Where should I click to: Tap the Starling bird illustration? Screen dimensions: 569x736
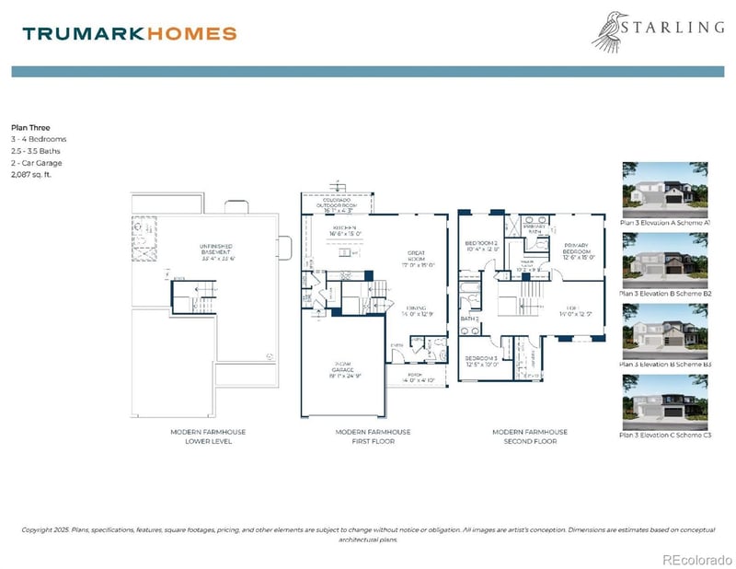pyautogui.click(x=611, y=30)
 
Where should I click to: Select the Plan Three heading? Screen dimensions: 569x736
pyautogui.click(x=30, y=128)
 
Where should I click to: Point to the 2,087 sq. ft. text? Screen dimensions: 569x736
pyautogui.click(x=32, y=173)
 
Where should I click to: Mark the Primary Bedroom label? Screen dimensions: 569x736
pyautogui.click(x=580, y=253)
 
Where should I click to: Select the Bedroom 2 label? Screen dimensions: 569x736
pyautogui.click(x=481, y=246)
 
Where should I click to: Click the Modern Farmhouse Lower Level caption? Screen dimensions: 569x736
pyautogui.click(x=208, y=436)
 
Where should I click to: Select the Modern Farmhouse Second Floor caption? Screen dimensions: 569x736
pyautogui.click(x=530, y=436)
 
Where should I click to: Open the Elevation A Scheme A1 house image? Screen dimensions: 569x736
pyautogui.click(x=666, y=189)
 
